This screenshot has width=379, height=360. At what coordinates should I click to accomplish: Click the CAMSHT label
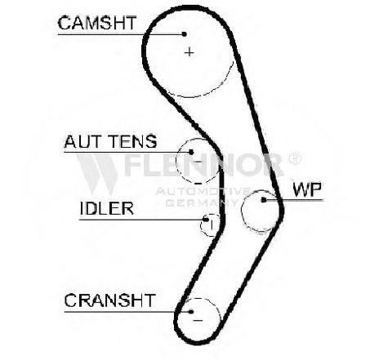pyautogui.click(x=97, y=23)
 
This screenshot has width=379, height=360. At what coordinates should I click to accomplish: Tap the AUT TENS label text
pyautogui.click(x=110, y=141)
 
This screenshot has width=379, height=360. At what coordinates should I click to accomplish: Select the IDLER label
pyautogui.click(x=107, y=208)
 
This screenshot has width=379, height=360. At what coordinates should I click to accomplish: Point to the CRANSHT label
pyautogui.click(x=110, y=300)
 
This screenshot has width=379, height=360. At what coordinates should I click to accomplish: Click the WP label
pyautogui.click(x=307, y=189)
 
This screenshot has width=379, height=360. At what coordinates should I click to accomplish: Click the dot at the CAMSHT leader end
pyautogui.click(x=185, y=34)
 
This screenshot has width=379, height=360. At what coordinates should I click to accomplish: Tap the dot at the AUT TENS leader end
pyautogui.click(x=191, y=152)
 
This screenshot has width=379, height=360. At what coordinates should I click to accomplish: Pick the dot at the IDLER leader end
pyautogui.click(x=206, y=220)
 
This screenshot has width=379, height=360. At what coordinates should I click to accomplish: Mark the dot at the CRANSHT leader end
pyautogui.click(x=191, y=312)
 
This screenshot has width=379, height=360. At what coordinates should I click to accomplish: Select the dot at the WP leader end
pyautogui.click(x=263, y=200)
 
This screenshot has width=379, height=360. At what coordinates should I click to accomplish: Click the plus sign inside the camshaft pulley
pyautogui.click(x=189, y=51)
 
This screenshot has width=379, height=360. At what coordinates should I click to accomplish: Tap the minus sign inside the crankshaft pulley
pyautogui.click(x=198, y=320)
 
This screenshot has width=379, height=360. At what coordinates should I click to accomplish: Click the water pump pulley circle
pyautogui.click(x=242, y=211)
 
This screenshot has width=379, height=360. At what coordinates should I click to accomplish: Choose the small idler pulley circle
pyautogui.click(x=201, y=225)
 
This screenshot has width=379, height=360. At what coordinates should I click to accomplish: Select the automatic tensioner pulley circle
pyautogui.click(x=176, y=161)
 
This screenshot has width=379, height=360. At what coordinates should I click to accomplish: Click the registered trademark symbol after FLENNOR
pyautogui.click(x=294, y=159)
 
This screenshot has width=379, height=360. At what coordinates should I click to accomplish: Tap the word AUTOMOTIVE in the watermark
pyautogui.click(x=203, y=191)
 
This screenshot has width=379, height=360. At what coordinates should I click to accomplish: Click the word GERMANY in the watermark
pyautogui.click(x=202, y=202)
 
